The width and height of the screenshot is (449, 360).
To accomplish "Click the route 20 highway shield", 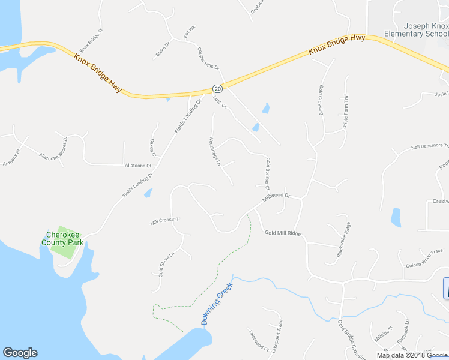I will (x=217, y=88).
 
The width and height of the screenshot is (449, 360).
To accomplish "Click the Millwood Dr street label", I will (x=276, y=199).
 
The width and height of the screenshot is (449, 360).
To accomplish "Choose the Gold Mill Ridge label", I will (x=282, y=233).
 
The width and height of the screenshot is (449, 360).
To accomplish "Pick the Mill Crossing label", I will (x=164, y=220).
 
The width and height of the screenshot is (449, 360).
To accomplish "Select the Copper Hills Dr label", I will (x=209, y=59).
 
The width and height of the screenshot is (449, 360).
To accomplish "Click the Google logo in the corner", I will (x=20, y=353).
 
